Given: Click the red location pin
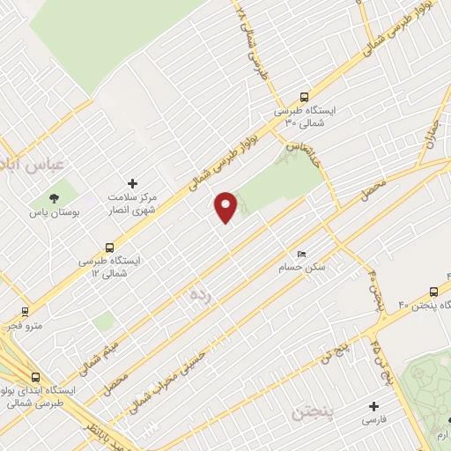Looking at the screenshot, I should coord(226,206).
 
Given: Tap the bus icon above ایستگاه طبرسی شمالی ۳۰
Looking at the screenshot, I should coord(304,98).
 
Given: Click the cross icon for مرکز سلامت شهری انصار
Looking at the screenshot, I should coord(132,183).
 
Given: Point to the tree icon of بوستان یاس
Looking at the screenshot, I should coord(55,198).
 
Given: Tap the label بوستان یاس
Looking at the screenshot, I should coord(51,214).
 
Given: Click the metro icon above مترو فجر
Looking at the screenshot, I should coord(23,311).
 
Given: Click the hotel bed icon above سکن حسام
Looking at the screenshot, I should coord(302,254).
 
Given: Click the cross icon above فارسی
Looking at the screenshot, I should coord(373,406).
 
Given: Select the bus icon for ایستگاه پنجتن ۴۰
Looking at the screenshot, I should coord(433,292).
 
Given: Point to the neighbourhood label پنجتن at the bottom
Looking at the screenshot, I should coord(312,411).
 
